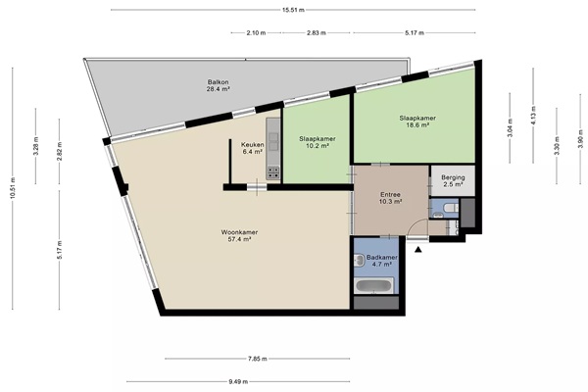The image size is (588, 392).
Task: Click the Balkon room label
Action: coord(218,85)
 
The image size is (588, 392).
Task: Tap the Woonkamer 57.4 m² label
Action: coord(239,235)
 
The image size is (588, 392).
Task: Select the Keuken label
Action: coord(252,148)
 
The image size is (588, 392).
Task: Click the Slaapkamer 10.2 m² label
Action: coord(318,142)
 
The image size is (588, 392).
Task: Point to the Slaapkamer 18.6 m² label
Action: coord(417,122)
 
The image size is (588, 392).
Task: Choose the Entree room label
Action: coord(390,198)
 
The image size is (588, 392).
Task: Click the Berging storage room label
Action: coord(453,180)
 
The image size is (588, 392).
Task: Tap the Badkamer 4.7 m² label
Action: coord(382,261)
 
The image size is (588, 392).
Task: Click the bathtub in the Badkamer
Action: coord(373,286)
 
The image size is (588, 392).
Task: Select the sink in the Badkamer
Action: coord(359,260)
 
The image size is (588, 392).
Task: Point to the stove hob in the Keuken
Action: coord(273,172)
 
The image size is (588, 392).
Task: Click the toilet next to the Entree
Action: coord(451,207)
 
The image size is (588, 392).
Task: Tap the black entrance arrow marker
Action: coord(418,250)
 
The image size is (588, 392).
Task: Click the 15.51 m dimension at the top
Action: coord(293,10)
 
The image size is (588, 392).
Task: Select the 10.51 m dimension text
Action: coord(13,188)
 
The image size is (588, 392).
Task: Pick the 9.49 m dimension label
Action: coord(238,382)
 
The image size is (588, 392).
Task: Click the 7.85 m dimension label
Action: coord(257,359)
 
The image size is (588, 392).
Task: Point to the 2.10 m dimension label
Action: coord(256,33)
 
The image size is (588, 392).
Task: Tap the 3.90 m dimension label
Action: coord(581,142)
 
